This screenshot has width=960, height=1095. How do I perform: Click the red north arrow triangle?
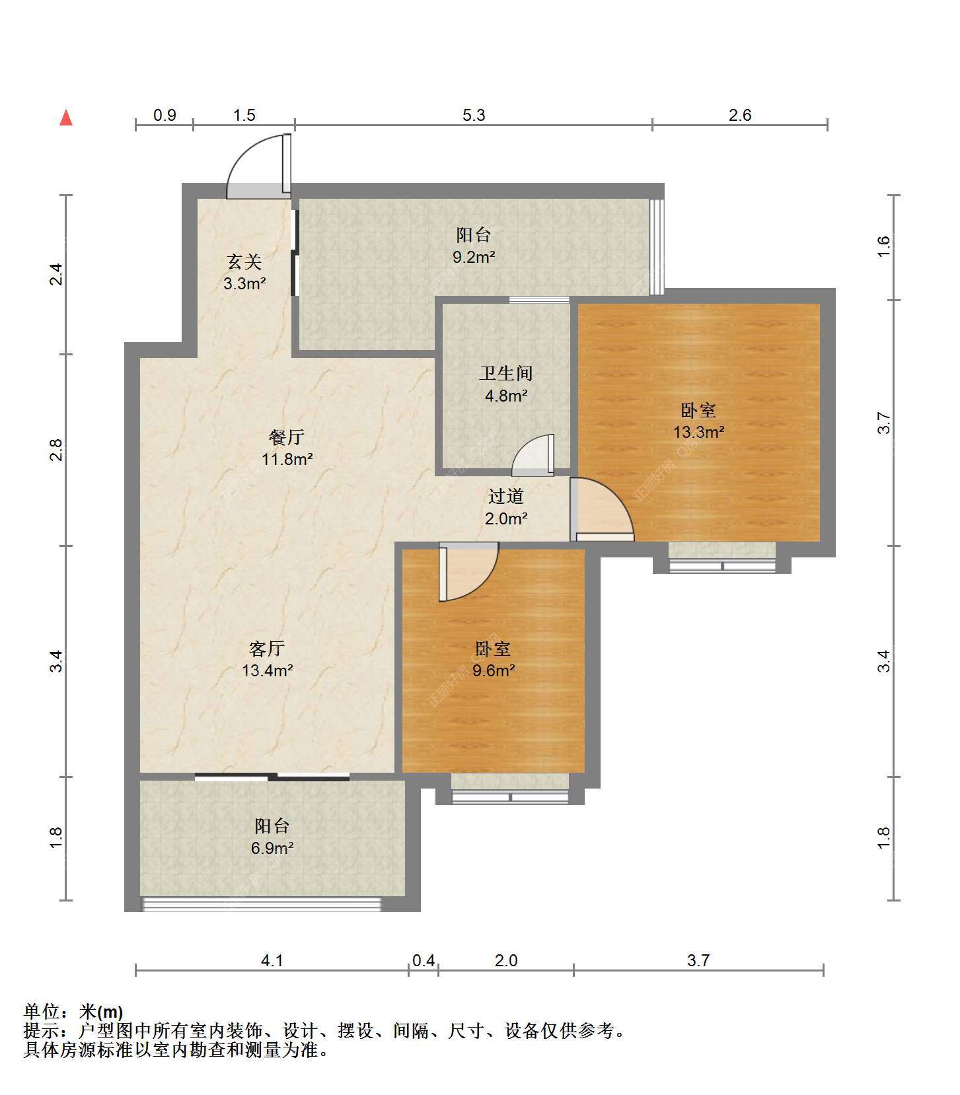pyautogui.click(x=66, y=118)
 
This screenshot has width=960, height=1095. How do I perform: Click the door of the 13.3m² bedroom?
pyautogui.click(x=601, y=508)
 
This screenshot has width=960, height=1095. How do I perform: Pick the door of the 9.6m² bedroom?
pyautogui.click(x=468, y=572)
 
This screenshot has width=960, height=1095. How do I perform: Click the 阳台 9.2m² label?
pyautogui.click(x=474, y=246)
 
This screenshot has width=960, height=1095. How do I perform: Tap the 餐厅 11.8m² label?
pyautogui.click(x=287, y=448)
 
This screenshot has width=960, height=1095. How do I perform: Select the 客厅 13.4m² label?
pyautogui.click(x=267, y=659)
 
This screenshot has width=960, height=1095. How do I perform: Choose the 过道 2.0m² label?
pyautogui.click(x=506, y=507)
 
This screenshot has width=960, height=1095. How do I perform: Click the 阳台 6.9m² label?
pyautogui.click(x=272, y=837)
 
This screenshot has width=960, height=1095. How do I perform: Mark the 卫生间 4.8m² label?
pyautogui.click(x=506, y=384)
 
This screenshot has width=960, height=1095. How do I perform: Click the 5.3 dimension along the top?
pyautogui.click(x=474, y=116)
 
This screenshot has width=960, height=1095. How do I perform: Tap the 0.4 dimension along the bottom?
pyautogui.click(x=424, y=960)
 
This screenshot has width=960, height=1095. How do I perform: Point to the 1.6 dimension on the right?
pyautogui.click(x=884, y=247)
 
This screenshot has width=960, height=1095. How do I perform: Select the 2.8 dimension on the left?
pyautogui.click(x=57, y=450)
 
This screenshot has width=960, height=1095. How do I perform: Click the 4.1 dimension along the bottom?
pyautogui.click(x=272, y=960)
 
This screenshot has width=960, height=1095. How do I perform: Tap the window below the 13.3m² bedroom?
pyautogui.click(x=722, y=565)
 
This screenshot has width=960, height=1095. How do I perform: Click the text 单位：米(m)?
pyautogui.click(x=73, y=1012)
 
